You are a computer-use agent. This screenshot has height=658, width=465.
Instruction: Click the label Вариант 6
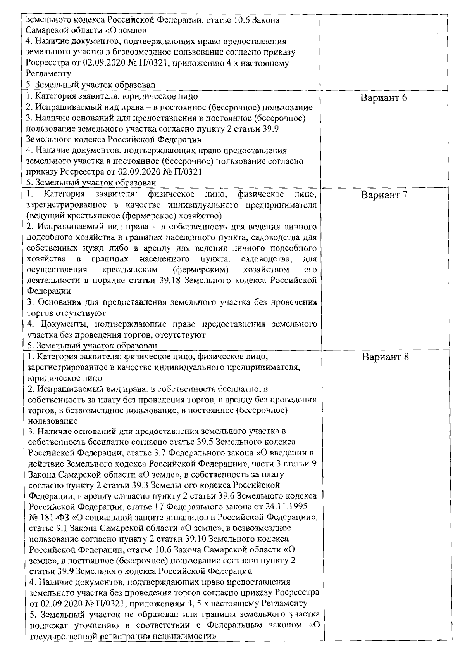(x=384, y=98)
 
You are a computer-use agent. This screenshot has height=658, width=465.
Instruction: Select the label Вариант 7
(x=384, y=195)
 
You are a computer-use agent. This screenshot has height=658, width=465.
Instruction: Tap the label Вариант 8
(x=385, y=357)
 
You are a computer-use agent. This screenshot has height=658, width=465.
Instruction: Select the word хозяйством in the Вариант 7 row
(x=266, y=270)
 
